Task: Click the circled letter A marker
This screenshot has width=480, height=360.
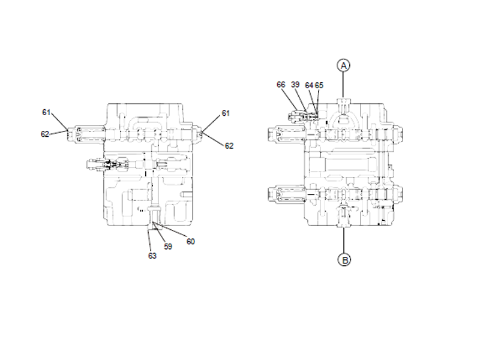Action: tap(343, 65)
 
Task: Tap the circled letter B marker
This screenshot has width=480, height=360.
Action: tap(343, 260)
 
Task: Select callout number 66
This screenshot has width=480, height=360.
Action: tap(281, 85)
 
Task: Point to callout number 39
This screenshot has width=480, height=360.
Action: tap(295, 85)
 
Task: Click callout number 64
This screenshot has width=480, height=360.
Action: tap(308, 85)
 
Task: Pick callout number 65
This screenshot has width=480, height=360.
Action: tap(319, 85)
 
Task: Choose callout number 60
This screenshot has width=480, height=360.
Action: tap(190, 241)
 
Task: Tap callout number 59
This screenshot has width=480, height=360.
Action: tap(168, 246)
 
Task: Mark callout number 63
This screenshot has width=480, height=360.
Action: tap(152, 256)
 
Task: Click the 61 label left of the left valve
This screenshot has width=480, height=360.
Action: tap(46, 112)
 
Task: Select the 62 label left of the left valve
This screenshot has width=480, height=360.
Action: tap(45, 134)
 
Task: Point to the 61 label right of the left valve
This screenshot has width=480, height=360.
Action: tap(226, 113)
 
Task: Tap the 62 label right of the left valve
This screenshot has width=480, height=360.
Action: tap(229, 145)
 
